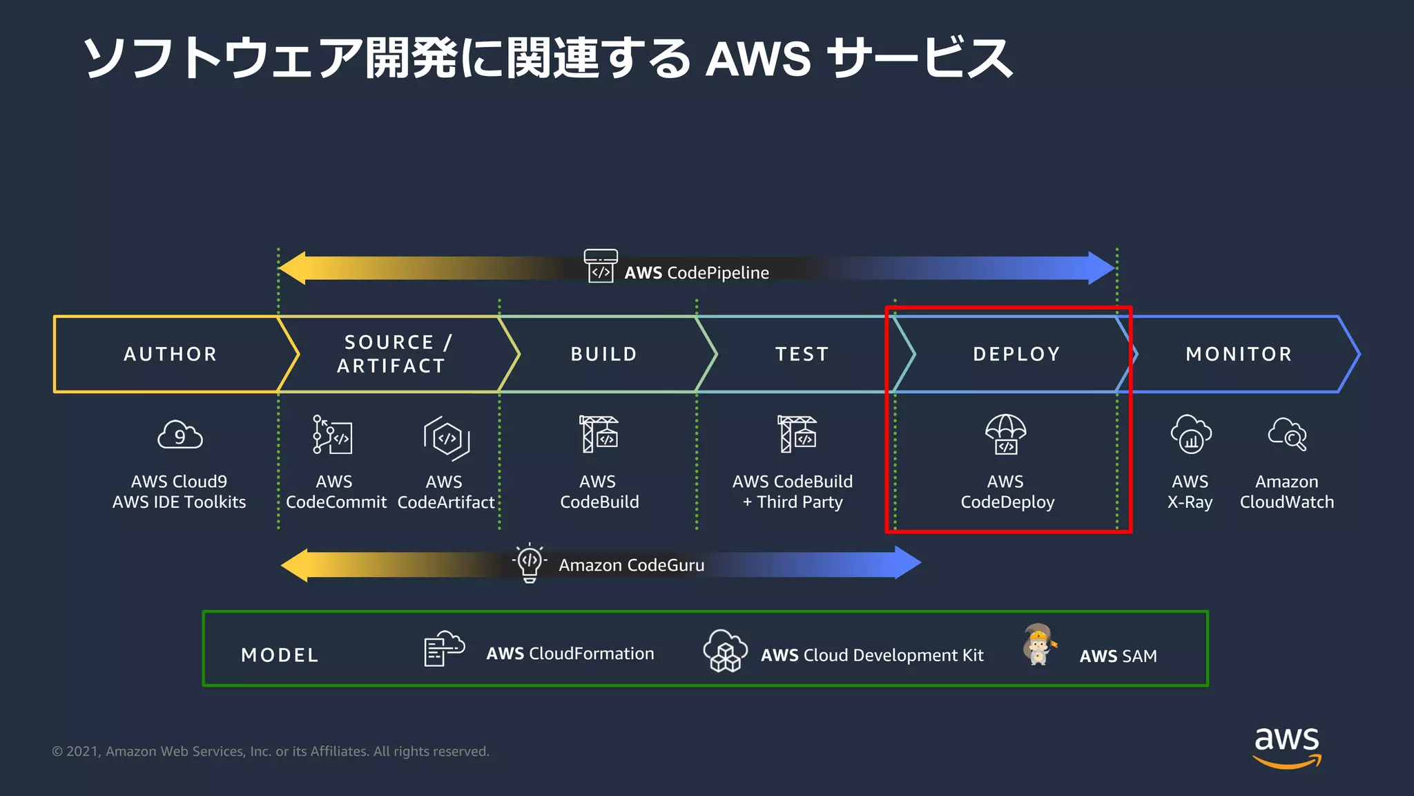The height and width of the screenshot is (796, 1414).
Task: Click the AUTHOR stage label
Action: click(171, 354)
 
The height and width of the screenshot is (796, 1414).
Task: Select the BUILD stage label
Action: click(603, 354)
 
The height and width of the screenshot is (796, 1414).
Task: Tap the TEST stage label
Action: click(802, 354)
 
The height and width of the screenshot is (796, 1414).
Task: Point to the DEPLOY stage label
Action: click(1016, 354)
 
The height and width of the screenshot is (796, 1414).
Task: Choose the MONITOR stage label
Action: click(1239, 354)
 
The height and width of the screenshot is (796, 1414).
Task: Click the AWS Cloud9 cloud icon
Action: click(180, 435)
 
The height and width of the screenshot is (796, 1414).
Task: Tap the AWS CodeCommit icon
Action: click(332, 435)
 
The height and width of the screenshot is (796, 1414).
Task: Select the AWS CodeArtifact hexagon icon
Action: click(447, 437)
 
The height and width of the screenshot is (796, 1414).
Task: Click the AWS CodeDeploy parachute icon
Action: click(1005, 434)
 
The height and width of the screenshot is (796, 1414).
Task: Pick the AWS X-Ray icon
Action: click(1190, 435)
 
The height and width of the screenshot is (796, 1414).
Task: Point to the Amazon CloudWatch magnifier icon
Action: click(1287, 435)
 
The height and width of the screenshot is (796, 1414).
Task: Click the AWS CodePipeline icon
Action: click(601, 266)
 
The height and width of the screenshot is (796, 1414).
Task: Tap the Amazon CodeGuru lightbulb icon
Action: click(530, 562)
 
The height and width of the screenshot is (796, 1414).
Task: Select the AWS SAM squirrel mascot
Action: click(1038, 645)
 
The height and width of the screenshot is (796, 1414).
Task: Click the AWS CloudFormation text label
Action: click(570, 654)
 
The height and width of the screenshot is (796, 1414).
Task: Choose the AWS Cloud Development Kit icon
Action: click(725, 651)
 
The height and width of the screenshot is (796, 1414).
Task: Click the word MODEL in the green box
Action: click(280, 655)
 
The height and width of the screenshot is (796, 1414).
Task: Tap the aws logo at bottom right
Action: click(1286, 746)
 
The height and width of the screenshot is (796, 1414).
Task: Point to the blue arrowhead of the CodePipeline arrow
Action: click(1101, 268)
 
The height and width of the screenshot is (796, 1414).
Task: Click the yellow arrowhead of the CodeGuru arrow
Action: click(296, 565)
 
